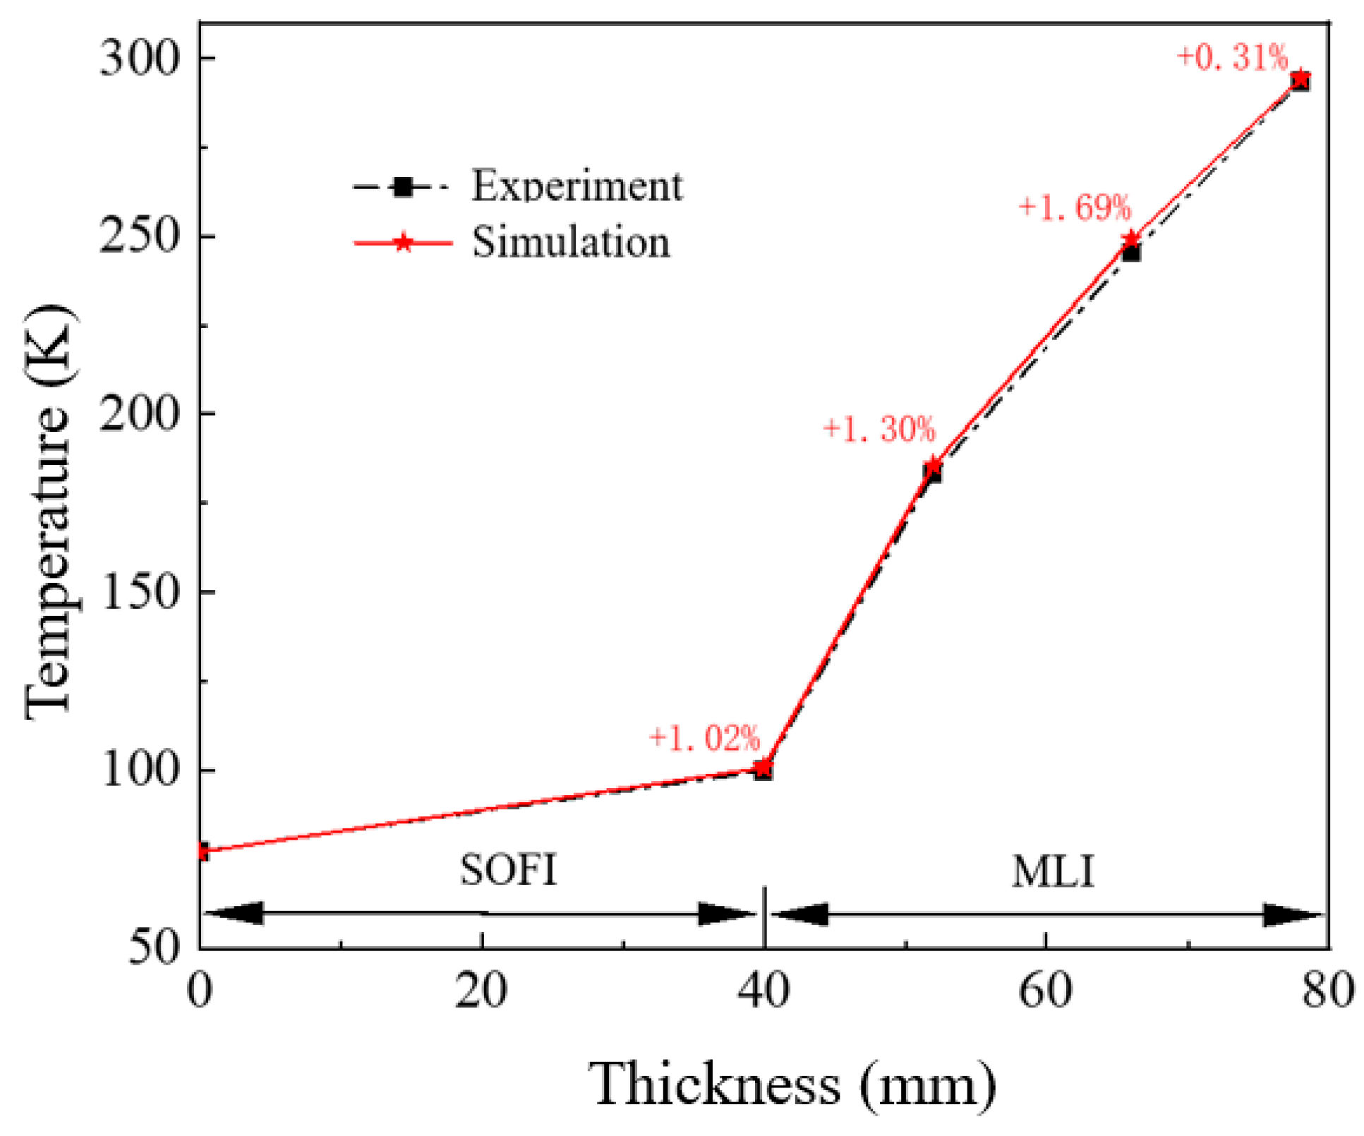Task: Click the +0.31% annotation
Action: click(x=1231, y=57)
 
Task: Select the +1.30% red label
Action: click(x=879, y=428)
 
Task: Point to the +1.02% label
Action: click(x=704, y=737)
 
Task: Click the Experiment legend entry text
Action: click(x=577, y=186)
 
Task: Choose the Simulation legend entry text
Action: click(x=570, y=243)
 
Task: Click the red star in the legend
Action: click(x=403, y=243)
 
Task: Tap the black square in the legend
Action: click(x=403, y=187)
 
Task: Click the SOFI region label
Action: click(x=508, y=869)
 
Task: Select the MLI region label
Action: click(x=1052, y=871)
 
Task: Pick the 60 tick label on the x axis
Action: click(x=1044, y=991)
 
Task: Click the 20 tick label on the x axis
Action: click(x=481, y=991)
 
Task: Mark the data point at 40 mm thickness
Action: click(x=762, y=768)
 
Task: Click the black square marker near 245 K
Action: click(x=1130, y=252)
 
